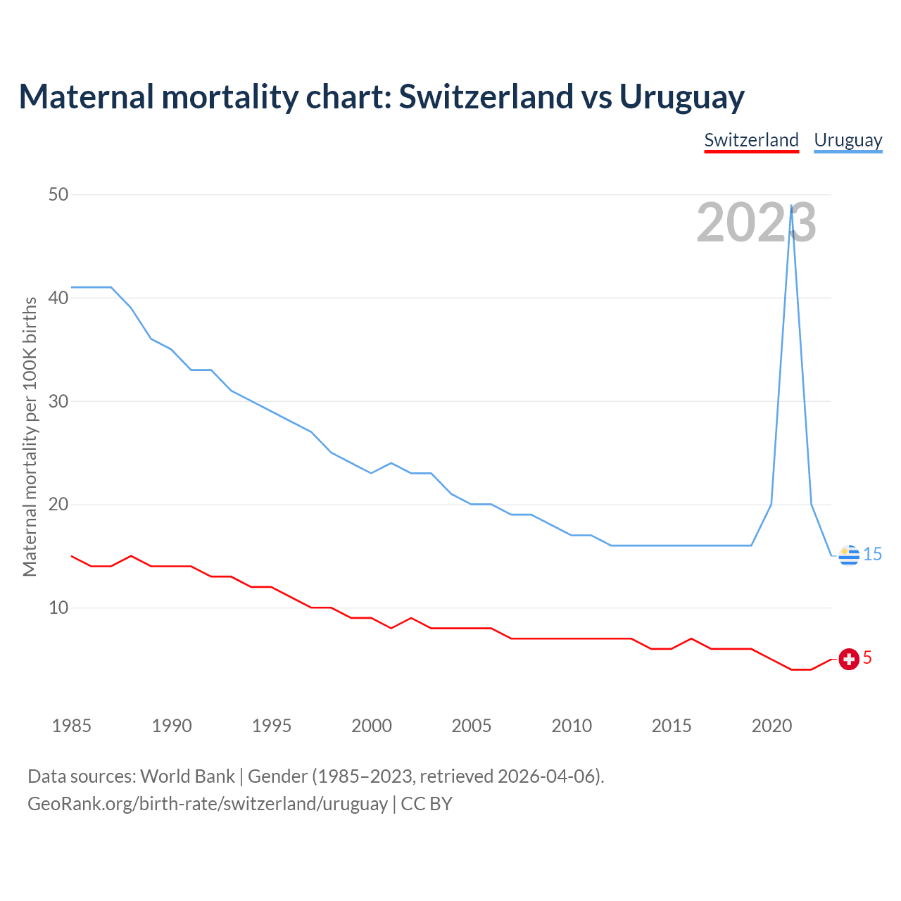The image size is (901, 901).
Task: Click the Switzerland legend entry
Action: (x=751, y=140)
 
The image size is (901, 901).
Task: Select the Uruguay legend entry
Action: (x=848, y=140)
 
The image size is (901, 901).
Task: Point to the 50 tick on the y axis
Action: (x=58, y=194)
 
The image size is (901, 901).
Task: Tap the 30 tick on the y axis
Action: (x=58, y=401)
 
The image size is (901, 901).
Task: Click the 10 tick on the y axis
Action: (x=58, y=607)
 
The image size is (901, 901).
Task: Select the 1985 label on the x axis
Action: (x=72, y=726)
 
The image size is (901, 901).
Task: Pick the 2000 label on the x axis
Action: (x=372, y=726)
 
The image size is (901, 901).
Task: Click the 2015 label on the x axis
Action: (x=672, y=726)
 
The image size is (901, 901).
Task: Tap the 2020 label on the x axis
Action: (x=771, y=726)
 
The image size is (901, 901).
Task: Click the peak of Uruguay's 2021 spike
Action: (x=792, y=206)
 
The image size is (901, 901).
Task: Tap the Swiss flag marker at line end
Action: (x=849, y=659)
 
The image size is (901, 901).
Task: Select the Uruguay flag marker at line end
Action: (x=849, y=555)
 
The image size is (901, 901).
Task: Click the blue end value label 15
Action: (x=872, y=555)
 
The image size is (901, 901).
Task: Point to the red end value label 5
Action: (x=867, y=657)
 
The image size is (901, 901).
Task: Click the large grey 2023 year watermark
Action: (x=756, y=222)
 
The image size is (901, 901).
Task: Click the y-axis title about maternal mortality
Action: (x=30, y=436)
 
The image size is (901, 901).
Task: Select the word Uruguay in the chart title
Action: (x=681, y=97)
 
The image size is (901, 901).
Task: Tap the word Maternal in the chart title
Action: (x=86, y=97)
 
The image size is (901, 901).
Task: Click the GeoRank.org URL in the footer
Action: (x=208, y=804)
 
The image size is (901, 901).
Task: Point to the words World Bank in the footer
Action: (x=187, y=776)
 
